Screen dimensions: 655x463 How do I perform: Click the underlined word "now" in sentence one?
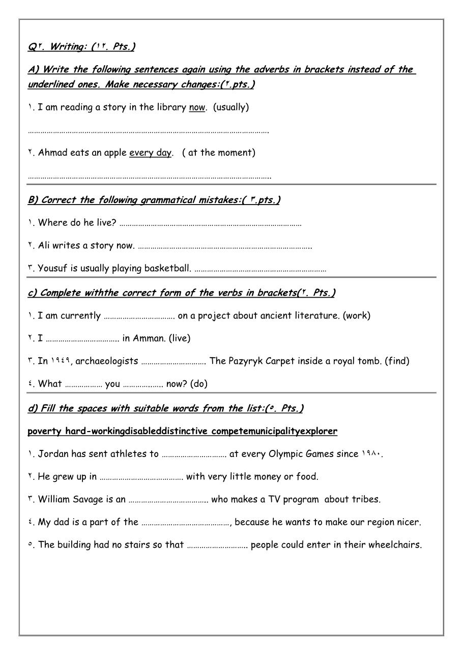click(196, 107)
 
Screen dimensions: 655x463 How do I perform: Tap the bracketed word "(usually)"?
click(231, 107)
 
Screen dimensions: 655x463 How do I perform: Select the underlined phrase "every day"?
click(150, 153)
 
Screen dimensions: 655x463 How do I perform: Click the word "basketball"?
click(167, 268)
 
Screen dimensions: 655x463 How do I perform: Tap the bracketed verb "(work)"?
click(357, 316)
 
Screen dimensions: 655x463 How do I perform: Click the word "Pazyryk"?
click(248, 361)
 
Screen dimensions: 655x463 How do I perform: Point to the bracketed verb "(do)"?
click(199, 384)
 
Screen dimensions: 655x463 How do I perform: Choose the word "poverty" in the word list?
click(44, 432)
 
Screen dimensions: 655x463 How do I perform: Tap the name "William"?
click(55, 499)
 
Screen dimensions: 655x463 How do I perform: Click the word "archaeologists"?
click(107, 361)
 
